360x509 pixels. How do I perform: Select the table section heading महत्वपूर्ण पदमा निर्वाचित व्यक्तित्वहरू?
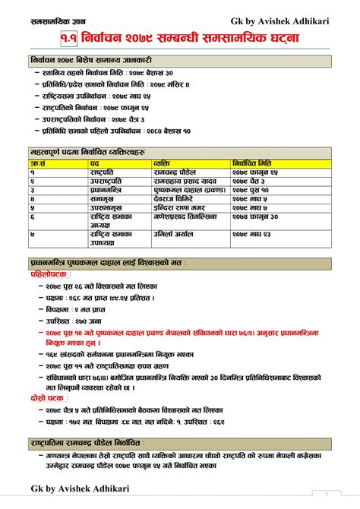point(90,153)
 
